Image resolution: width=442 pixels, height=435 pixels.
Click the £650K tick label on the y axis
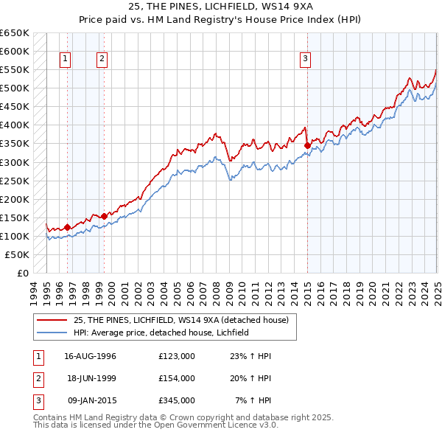[15, 33]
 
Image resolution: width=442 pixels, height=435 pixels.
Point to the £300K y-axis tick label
[15, 162]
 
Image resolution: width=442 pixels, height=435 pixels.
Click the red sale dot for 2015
[307, 145]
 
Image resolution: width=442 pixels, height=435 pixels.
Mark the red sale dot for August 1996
[67, 227]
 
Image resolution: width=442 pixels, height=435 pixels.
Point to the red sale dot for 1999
[104, 216]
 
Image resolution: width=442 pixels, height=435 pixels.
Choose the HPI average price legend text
[161, 333]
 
